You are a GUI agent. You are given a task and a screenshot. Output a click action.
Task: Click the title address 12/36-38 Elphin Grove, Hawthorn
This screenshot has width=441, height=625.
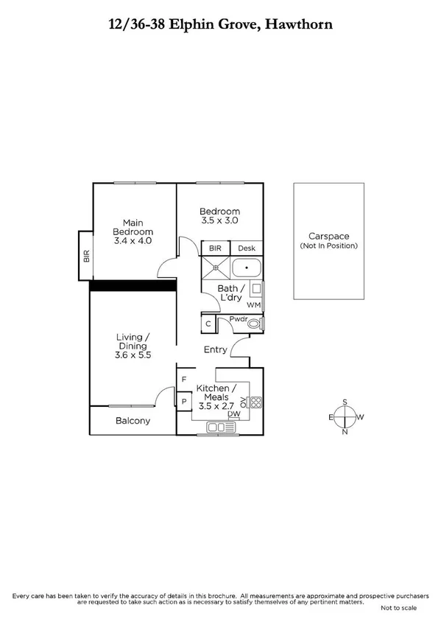coord(220,24)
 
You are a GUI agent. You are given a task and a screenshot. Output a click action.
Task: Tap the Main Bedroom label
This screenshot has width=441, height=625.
coord(133,228)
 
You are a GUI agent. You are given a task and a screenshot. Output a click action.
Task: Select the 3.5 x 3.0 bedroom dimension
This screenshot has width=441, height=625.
coord(219,220)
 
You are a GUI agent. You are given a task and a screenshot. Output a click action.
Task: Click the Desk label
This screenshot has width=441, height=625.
coord(246,249)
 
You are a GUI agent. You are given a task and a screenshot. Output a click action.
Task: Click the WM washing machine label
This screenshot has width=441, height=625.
coord(254,304)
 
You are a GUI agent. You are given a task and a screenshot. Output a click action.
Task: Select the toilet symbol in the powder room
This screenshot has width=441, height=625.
coord(255,323)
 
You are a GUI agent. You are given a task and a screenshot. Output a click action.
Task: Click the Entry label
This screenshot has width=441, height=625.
coord(215,349)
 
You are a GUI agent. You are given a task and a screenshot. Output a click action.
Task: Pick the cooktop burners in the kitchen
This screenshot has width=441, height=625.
coord(256,402)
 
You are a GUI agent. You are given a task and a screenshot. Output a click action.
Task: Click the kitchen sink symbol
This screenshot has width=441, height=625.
coord(219,427)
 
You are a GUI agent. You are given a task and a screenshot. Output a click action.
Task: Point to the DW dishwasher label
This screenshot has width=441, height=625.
coord(233,415)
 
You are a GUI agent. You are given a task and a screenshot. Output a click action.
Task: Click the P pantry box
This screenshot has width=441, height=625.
coord(183,402)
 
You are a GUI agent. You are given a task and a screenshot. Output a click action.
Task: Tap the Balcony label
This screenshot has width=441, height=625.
coord(133,421)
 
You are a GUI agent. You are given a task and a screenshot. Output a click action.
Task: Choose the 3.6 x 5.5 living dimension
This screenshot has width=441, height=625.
coord(133,355)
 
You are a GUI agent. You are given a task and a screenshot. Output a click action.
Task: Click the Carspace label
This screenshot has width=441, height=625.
coord(328,236)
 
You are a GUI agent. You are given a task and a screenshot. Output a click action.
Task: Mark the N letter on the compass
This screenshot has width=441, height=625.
coord(344,432)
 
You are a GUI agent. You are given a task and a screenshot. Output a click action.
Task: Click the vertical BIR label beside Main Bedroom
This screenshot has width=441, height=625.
coord(86,256)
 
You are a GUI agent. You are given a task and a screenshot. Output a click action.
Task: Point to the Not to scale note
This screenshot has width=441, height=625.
coord(398,608)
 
